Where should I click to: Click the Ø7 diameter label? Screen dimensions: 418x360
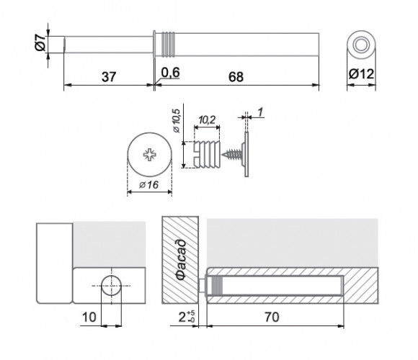point(40,42)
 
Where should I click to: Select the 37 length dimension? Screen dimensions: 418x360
point(109,77)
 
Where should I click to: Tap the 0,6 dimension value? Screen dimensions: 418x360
point(171,73)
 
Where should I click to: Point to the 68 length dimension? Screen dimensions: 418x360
point(236,77)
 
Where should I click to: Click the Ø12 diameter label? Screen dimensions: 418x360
point(361,73)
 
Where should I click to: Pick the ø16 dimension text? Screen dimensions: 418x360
point(148,184)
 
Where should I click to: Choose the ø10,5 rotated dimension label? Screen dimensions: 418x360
point(177,121)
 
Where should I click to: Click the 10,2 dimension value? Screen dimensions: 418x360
point(207,120)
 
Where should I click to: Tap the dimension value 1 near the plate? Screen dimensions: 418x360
point(261,112)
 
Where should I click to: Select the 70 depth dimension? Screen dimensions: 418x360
point(272,317)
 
